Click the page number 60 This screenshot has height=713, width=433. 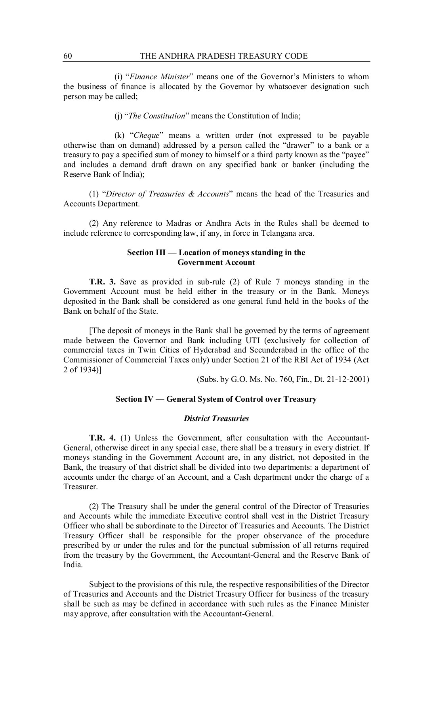[x=67, y=56]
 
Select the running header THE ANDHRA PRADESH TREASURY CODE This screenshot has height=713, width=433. [x=224, y=56]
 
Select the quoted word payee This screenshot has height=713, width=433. [x=356, y=154]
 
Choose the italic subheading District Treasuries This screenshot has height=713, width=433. [x=216, y=418]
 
